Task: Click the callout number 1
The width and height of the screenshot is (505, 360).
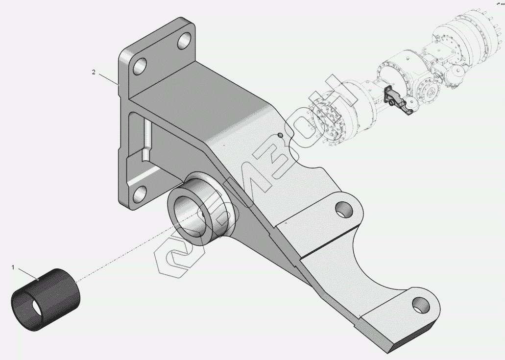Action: pos(13,267)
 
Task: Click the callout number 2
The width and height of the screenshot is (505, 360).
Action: pos(94,72)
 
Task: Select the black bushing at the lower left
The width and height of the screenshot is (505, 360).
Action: pos(46,300)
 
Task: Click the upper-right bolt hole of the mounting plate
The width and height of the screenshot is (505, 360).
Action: pos(185,41)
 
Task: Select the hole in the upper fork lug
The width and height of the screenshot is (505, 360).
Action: pos(344,210)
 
